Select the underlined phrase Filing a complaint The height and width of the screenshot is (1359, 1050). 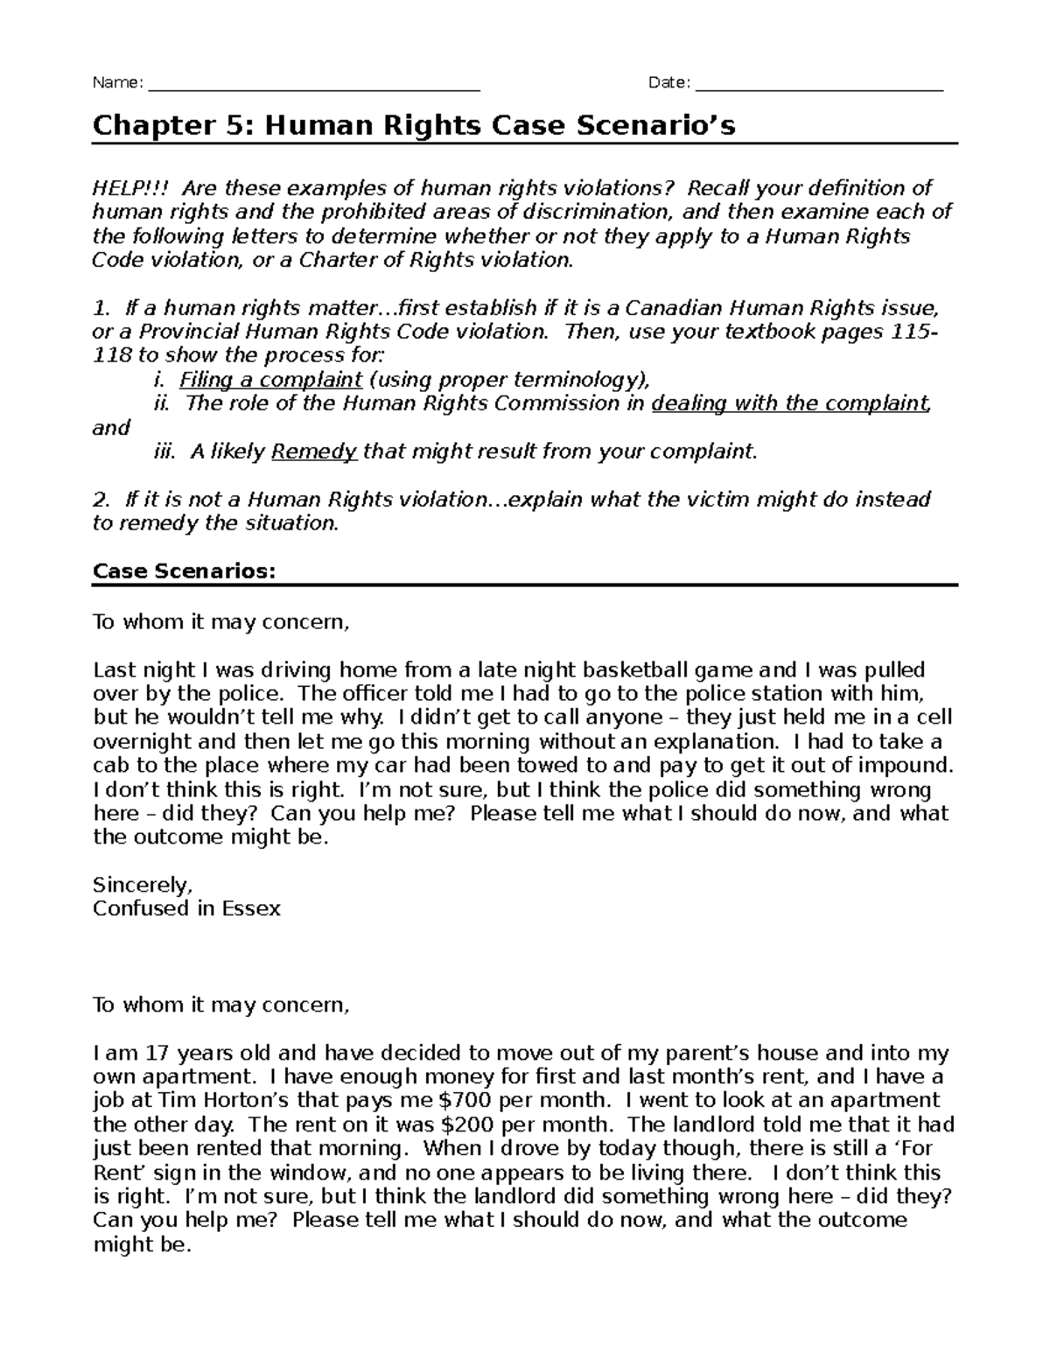pyautogui.click(x=270, y=380)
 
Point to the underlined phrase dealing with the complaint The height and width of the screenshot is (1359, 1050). pyautogui.click(x=790, y=403)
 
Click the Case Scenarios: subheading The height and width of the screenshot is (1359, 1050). pyautogui.click(x=184, y=571)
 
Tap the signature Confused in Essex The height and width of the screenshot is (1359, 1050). pyautogui.click(x=186, y=908)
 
